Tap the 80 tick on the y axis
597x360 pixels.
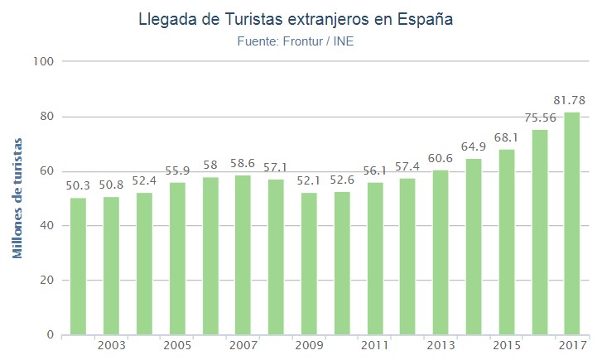pyautogui.click(x=46, y=117)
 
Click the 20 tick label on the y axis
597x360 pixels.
pyautogui.click(x=46, y=281)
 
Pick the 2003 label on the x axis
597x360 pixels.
pyautogui.click(x=111, y=345)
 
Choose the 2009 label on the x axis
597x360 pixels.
pyautogui.click(x=308, y=345)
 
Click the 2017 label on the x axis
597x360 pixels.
pyautogui.click(x=572, y=345)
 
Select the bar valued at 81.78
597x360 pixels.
pyautogui.click(x=572, y=223)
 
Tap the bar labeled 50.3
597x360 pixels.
pyautogui.click(x=78, y=266)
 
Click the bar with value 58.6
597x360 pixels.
pyautogui.click(x=243, y=255)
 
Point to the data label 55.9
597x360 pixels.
pyautogui.click(x=176, y=170)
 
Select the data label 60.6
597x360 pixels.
pyautogui.click(x=441, y=158)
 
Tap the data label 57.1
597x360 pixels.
pyautogui.click(x=276, y=167)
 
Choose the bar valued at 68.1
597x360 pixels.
pyautogui.click(x=507, y=242)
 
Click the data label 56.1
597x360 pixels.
pyautogui.click(x=374, y=170)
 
